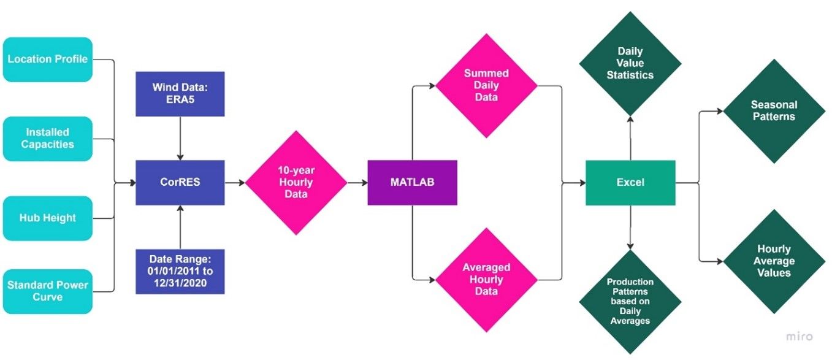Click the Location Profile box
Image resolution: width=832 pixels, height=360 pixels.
[47, 59]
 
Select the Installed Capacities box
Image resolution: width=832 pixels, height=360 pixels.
[47, 139]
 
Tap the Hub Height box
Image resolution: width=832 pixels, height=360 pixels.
[47, 218]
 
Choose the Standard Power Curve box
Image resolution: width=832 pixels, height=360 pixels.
[47, 291]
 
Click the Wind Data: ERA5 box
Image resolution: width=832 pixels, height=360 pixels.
[180, 94]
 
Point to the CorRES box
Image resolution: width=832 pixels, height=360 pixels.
[180, 183]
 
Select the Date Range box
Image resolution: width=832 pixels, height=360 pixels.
[180, 271]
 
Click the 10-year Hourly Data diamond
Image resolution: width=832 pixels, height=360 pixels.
[296, 183]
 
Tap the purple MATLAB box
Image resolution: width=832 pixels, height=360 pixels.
[412, 183]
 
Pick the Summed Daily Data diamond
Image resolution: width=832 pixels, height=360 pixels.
[486, 85]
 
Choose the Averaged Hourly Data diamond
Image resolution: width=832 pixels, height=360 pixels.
[486, 280]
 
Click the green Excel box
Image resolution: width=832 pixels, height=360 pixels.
[630, 183]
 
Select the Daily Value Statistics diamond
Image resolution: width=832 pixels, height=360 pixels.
[630, 63]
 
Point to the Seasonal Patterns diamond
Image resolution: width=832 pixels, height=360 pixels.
[774, 111]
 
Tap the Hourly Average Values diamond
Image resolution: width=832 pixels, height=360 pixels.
[774, 261]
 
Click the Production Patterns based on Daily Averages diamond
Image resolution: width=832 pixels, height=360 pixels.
[630, 301]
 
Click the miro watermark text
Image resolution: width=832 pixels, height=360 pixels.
[800, 337]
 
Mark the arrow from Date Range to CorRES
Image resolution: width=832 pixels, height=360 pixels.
[180, 227]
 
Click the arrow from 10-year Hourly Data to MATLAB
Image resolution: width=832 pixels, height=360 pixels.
[357, 183]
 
